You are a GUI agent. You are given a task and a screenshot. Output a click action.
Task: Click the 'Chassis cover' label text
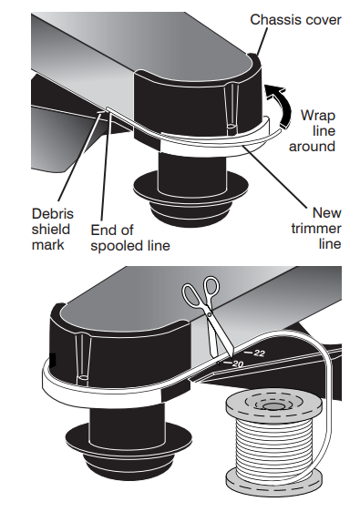tap(295, 20)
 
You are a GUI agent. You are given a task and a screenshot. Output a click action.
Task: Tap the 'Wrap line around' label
tap(312, 130)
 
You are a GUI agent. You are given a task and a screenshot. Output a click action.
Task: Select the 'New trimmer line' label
tap(316, 229)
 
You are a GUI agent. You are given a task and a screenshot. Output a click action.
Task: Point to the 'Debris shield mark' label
tap(53, 230)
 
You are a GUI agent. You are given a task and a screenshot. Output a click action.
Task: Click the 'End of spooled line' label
tap(130, 238)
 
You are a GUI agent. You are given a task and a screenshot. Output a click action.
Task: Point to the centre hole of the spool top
tap(271, 406)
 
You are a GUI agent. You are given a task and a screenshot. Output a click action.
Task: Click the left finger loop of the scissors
tap(191, 294)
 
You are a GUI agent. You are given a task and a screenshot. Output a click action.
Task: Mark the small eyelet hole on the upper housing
tap(231, 126)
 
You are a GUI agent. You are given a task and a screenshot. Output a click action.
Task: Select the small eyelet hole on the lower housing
tap(83, 378)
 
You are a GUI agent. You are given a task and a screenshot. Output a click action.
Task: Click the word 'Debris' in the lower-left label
tap(53, 214)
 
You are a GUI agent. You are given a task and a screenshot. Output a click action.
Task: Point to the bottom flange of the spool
tap(273, 484)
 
